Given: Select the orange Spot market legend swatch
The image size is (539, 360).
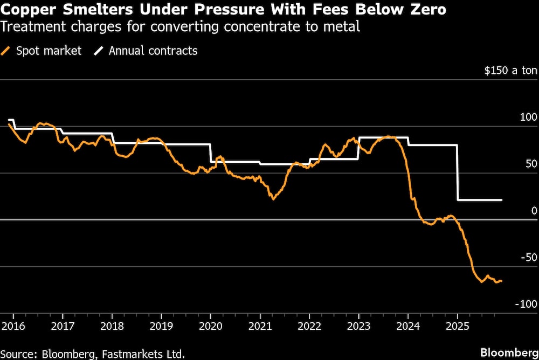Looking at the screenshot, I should click(7, 51).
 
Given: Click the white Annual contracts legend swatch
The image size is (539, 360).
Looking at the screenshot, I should click(99, 51).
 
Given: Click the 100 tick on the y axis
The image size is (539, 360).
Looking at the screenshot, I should click(528, 117).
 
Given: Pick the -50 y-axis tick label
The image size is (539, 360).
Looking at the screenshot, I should click(528, 258).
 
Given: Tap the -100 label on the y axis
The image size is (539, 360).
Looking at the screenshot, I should click(526, 304).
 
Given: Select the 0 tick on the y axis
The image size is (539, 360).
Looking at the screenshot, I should click(534, 211).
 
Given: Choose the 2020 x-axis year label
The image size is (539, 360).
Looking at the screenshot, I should click(211, 326).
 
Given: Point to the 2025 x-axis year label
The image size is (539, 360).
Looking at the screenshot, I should click(458, 326).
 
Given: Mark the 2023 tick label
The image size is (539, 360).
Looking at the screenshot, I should click(359, 326).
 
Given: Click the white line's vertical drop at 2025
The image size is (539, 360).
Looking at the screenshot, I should click(458, 172).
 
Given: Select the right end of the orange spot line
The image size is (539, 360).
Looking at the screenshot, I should click(502, 281).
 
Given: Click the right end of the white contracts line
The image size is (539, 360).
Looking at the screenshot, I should click(502, 200).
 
